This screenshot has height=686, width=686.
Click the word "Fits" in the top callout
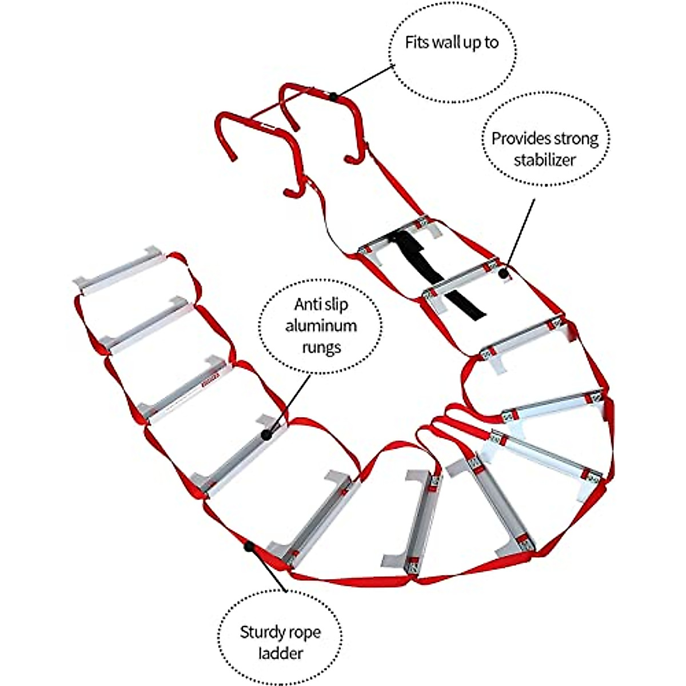coord(417,43)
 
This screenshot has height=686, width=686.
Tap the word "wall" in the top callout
coord(447,43)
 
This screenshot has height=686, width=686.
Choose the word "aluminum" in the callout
coord(321,326)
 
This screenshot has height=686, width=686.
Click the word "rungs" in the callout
coord(321,347)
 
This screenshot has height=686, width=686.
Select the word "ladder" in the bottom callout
coord(280,653)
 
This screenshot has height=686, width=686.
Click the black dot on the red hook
coord(333,97)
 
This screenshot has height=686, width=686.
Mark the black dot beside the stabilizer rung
coord(504,273)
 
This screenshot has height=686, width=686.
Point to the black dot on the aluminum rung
coord(266,435)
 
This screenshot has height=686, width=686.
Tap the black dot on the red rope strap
coord(249,547)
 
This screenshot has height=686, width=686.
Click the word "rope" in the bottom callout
coord(304,632)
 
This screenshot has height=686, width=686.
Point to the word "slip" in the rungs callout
coord(336,305)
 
